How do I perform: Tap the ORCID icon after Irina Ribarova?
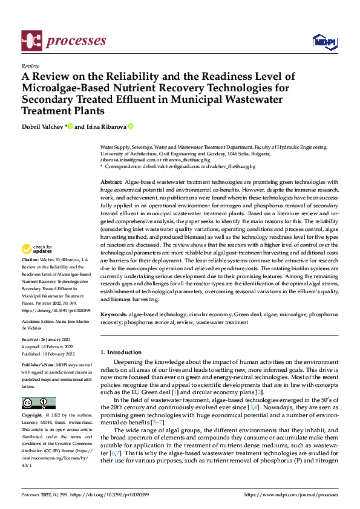point(130,126)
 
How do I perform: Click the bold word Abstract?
point(111,182)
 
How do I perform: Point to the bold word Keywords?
point(113,315)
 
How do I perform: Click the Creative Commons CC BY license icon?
point(38,403)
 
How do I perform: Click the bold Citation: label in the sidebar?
point(31,259)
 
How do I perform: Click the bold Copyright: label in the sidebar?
point(32,416)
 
